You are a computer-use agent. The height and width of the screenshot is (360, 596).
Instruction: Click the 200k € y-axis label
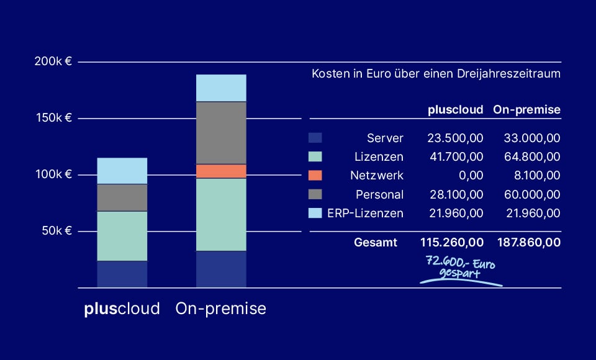[x=54, y=62]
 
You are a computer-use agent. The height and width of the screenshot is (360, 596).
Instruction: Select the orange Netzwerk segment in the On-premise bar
[x=221, y=171]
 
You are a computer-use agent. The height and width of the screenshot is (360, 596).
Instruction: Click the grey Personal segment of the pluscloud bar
[x=122, y=197]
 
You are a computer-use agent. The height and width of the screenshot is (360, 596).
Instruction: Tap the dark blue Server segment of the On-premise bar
[x=221, y=269]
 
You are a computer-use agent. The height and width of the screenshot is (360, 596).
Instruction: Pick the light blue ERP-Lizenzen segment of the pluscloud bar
[x=122, y=171]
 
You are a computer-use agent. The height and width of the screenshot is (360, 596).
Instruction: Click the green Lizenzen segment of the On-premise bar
[x=221, y=214]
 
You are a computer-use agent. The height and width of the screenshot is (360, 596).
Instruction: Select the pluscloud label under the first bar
[x=122, y=308]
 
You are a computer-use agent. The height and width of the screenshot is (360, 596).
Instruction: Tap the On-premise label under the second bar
[x=221, y=308]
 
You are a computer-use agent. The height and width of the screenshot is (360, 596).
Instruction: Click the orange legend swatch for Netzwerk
[x=315, y=175]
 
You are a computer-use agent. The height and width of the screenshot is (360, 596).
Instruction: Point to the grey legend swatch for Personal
[x=315, y=194]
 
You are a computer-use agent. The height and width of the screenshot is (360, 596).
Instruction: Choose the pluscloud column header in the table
[x=455, y=110]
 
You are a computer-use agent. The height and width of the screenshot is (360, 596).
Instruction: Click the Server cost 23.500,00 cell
[x=455, y=138]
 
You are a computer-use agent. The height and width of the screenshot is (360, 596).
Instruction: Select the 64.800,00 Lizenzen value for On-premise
[x=527, y=156]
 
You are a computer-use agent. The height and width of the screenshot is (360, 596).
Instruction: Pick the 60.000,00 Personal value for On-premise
[x=527, y=194]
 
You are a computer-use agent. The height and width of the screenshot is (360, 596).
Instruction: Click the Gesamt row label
[x=376, y=242]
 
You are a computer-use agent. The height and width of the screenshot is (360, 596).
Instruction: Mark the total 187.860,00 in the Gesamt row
[x=527, y=242]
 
